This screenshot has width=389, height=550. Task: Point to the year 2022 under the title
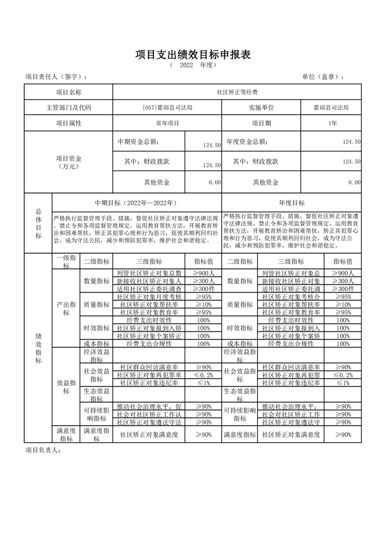[186, 65]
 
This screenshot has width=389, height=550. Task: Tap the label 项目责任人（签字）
[56, 77]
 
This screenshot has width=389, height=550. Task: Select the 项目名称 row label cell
[69, 92]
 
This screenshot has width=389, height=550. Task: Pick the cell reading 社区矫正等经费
[237, 92]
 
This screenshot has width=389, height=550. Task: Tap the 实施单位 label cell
[261, 108]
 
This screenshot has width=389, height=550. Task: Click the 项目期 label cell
[261, 123]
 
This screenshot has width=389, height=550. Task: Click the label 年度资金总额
[247, 142]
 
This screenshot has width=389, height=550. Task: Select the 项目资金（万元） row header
[69, 162]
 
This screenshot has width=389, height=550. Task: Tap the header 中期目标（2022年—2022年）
[136, 202]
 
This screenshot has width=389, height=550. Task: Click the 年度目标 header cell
[292, 202]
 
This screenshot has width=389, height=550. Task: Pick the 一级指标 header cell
[66, 261]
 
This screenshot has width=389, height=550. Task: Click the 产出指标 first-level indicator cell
[66, 308]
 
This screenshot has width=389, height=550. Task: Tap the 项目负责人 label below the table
[43, 450]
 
